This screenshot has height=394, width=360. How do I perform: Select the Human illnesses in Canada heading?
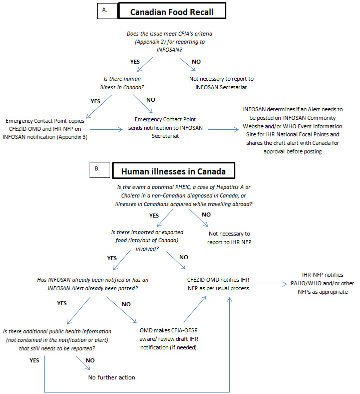click(173, 171)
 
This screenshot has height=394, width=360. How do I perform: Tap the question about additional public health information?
click(57, 339)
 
